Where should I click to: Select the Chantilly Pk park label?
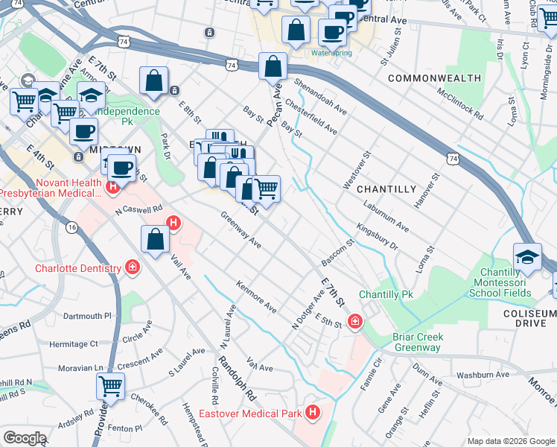click(x=385, y=295)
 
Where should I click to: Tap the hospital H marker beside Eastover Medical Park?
click(x=313, y=411)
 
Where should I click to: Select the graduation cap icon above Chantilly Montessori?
click(x=527, y=256)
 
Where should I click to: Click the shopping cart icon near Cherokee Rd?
click(x=110, y=386)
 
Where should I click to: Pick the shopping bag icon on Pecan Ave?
click(x=273, y=66)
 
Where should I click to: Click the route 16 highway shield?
click(x=72, y=226)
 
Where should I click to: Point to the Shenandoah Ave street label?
click(x=319, y=98)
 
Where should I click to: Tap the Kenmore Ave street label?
click(x=256, y=297)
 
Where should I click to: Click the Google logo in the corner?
click(x=25, y=438)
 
